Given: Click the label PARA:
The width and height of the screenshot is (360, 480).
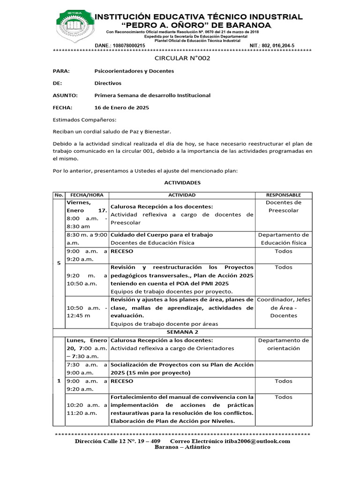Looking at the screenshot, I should click(61, 71).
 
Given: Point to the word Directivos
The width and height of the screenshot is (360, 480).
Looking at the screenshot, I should click(108, 83).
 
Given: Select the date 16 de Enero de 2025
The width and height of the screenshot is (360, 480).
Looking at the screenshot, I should click(121, 107).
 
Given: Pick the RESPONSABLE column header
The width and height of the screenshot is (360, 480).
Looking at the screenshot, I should click(284, 195).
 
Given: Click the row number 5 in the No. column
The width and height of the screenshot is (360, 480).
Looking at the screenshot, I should click(59, 263).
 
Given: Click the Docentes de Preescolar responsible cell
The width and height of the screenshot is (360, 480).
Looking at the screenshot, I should click(284, 207).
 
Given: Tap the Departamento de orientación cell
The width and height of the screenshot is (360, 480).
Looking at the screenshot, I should click(284, 344).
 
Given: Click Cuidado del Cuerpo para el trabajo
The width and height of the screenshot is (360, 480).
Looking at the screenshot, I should click(162, 234).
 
